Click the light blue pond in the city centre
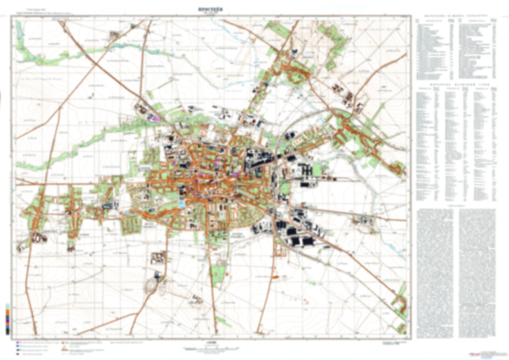coord(182,203)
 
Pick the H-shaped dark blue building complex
coord(306,171)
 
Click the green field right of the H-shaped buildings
coord(317,170)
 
